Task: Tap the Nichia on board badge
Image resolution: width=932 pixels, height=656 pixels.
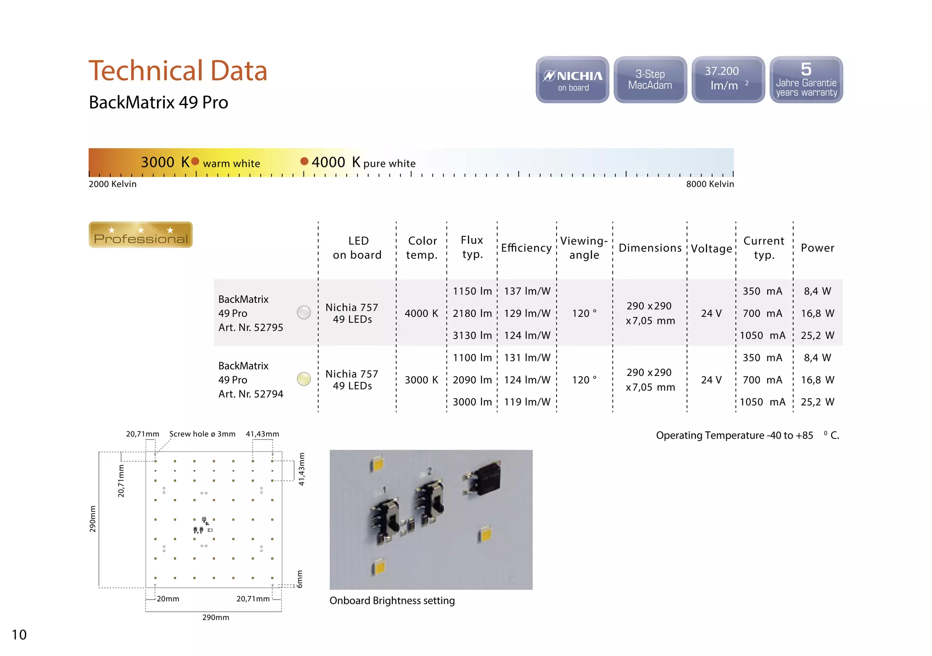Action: click(x=572, y=80)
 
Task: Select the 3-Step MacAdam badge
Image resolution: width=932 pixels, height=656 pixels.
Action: click(x=650, y=80)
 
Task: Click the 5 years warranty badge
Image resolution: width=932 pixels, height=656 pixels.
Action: click(x=806, y=80)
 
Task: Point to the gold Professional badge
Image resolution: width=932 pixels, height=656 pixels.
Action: click(x=141, y=235)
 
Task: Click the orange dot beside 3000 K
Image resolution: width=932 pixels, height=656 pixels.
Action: click(x=195, y=161)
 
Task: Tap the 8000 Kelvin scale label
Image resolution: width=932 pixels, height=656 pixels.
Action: click(x=710, y=184)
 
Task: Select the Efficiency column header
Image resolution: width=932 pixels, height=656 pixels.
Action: click(x=526, y=248)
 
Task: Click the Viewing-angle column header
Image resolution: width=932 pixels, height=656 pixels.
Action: click(x=584, y=248)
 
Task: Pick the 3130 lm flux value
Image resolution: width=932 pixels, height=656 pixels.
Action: click(x=472, y=336)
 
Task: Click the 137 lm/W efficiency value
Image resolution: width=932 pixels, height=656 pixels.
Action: click(x=527, y=291)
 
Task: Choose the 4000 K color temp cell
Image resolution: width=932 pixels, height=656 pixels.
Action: click(x=421, y=314)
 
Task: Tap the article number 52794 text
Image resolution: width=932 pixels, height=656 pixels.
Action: click(x=251, y=394)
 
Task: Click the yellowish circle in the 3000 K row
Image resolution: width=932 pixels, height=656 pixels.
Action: click(x=304, y=379)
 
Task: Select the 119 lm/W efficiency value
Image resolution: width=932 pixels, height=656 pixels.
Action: click(x=527, y=402)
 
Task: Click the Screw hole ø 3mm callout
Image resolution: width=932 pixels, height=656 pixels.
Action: click(x=202, y=434)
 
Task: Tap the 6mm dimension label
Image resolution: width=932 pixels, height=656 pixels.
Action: click(x=299, y=579)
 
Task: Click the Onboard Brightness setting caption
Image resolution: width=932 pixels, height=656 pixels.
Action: click(x=392, y=601)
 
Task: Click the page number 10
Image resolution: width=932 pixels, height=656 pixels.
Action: click(x=19, y=635)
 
